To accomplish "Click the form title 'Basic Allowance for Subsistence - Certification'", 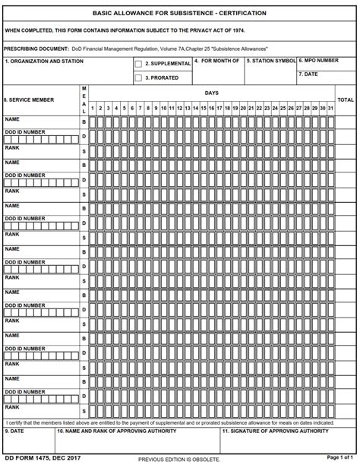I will click(179, 13).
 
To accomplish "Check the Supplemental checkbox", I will click(138, 65).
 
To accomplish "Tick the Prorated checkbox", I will click(138, 77).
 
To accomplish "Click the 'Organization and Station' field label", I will click(44, 61).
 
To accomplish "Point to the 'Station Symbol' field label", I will click(271, 60).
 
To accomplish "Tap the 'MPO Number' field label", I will click(318, 60).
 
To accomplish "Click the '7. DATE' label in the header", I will click(308, 74).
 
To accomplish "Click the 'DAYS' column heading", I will click(211, 93).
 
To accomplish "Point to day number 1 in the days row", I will click(93, 108).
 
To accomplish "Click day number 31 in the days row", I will click(330, 108).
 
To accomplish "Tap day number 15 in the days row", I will click(204, 108).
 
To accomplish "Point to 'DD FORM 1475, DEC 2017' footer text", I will click(43, 458).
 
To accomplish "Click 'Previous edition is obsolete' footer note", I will click(179, 460).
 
